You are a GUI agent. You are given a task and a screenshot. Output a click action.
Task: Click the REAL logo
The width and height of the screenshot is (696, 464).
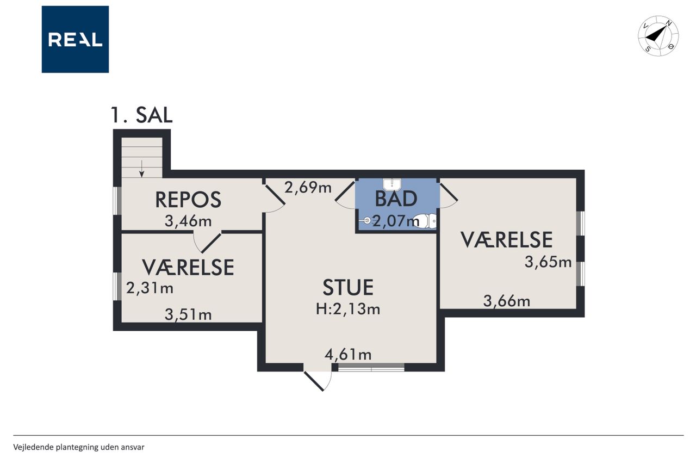pyautogui.click(x=75, y=40)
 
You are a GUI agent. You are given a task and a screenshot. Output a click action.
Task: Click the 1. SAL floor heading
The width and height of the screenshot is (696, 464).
pyautogui.click(x=141, y=115)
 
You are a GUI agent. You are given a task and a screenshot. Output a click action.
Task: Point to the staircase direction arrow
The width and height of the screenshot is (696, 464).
pyautogui.click(x=142, y=169)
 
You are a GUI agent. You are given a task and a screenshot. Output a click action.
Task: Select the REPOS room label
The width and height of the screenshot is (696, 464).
pyautogui.click(x=188, y=200)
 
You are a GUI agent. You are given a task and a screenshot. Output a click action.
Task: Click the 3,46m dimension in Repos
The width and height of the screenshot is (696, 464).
pyautogui.click(x=188, y=221)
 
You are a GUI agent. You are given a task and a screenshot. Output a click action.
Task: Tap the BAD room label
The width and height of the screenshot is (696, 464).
pyautogui.click(x=396, y=199)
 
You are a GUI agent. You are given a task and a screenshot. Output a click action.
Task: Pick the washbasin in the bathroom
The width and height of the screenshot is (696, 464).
pyautogui.click(x=392, y=184)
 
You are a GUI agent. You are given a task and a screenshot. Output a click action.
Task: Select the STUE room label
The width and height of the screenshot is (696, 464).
pyautogui.click(x=348, y=287)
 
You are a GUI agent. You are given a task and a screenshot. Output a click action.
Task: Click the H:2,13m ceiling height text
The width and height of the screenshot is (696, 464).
pyautogui.click(x=348, y=309)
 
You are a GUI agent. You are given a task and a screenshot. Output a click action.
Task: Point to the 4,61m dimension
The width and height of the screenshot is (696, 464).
pyautogui.click(x=348, y=355)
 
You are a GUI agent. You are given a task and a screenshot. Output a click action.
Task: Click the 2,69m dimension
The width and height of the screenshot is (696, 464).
pyautogui.click(x=308, y=188)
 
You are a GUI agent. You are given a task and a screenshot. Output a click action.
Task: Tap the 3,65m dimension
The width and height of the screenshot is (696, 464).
pyautogui.click(x=548, y=262)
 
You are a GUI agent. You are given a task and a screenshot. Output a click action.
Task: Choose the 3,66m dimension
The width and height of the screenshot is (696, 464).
pyautogui.click(x=507, y=301)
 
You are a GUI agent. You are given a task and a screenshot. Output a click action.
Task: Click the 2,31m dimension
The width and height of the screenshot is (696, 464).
pyautogui.click(x=150, y=288)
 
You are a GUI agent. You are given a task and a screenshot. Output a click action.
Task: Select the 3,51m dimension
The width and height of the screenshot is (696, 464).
pyautogui.click(x=188, y=314)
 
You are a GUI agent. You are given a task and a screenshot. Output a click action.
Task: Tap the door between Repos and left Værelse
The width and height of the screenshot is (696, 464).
pyautogui.click(x=208, y=242)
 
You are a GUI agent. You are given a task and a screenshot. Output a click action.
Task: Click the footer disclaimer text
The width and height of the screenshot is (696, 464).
pyautogui.click(x=79, y=447)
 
